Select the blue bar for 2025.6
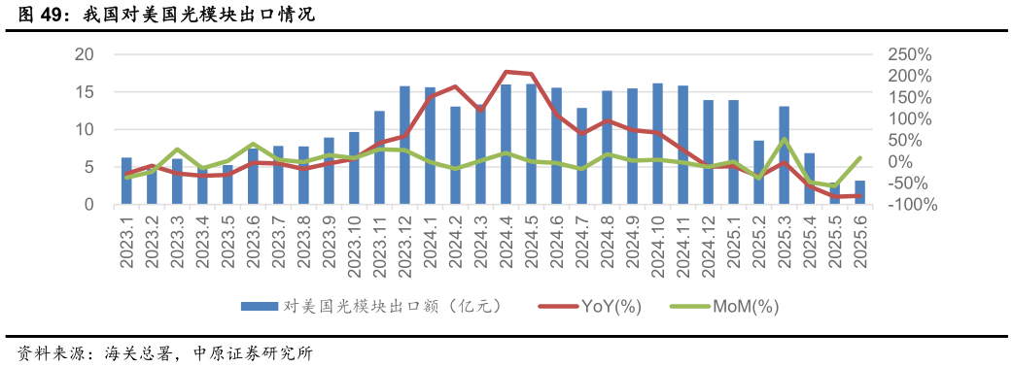pos(859,192)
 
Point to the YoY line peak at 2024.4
pos(506,72)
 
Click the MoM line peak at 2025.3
pos(784,140)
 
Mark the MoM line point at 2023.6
pos(253,144)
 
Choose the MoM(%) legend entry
pos(725,307)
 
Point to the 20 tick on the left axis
pos(85,54)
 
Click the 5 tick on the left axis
pos(88,167)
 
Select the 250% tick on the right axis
pos(910,54)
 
